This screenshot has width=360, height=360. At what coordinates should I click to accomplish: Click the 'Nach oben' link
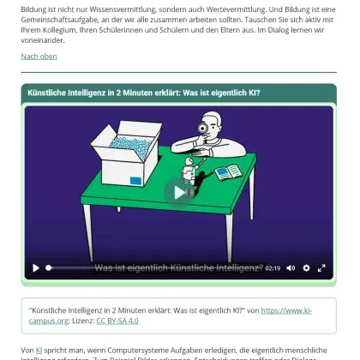pos(39,57)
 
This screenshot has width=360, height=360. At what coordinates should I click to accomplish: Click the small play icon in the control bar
pos(36,267)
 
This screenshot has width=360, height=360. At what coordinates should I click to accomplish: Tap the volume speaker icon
pos(291,267)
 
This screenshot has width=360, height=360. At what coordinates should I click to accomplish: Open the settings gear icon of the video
pos(306,267)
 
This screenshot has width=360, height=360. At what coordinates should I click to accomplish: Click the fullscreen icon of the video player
pos(321,267)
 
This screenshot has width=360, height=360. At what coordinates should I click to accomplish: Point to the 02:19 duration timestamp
pos(273,267)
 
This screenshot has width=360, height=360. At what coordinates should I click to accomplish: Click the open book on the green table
pos(228,172)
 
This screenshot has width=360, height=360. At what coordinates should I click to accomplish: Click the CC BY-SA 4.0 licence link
pos(117,320)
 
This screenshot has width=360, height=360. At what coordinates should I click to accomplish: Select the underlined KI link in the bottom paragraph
pos(39,351)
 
